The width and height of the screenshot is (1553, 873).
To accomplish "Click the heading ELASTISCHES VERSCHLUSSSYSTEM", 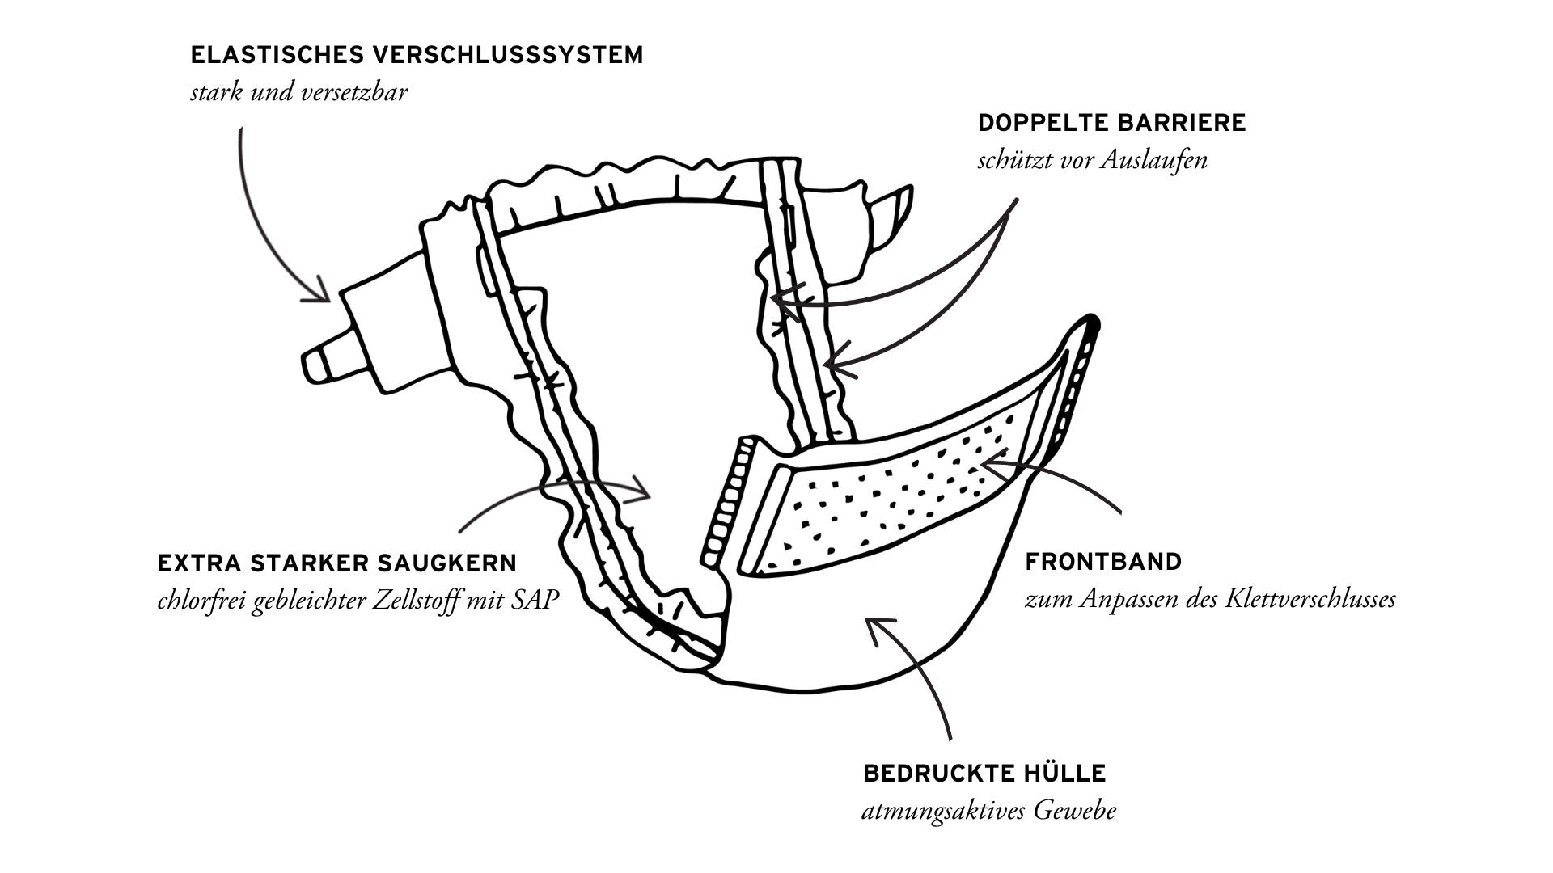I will tap(417, 56).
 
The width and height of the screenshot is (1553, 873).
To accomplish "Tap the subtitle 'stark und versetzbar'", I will tap(298, 92).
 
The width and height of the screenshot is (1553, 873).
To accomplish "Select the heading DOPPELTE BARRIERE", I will tap(1111, 124).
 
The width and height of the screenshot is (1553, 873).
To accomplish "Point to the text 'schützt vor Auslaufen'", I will tap(1092, 160).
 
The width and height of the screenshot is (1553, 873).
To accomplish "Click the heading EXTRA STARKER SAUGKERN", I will tap(336, 563).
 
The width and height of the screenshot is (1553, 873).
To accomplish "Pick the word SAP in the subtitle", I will tap(535, 601).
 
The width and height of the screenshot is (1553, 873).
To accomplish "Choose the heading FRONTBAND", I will tap(1102, 562).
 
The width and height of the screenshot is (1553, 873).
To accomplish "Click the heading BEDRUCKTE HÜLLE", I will tap(984, 774).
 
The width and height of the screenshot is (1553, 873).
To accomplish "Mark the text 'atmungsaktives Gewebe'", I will tap(988, 810).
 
